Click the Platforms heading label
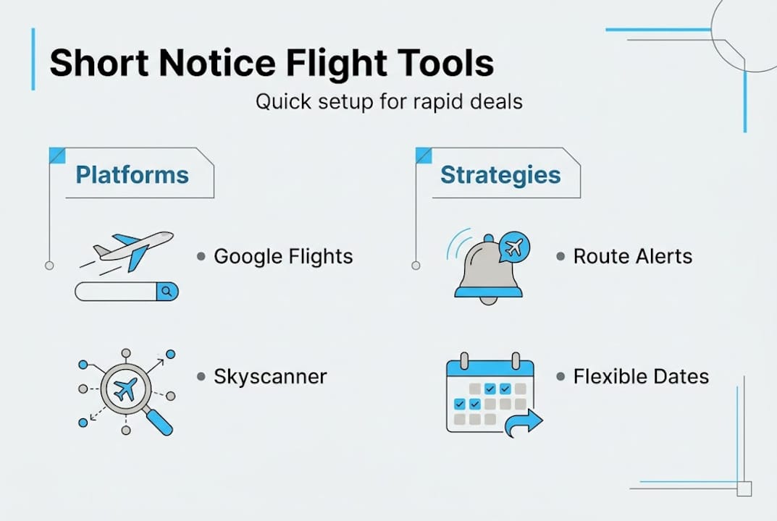[133, 175]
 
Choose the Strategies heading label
[500, 175]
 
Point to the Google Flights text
[283, 256]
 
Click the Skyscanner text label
[270, 377]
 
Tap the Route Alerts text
[632, 256]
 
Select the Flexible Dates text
[641, 377]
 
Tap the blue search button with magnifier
[167, 292]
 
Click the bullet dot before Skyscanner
[201, 377]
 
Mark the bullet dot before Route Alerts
[560, 256]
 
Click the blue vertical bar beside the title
[33, 59]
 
